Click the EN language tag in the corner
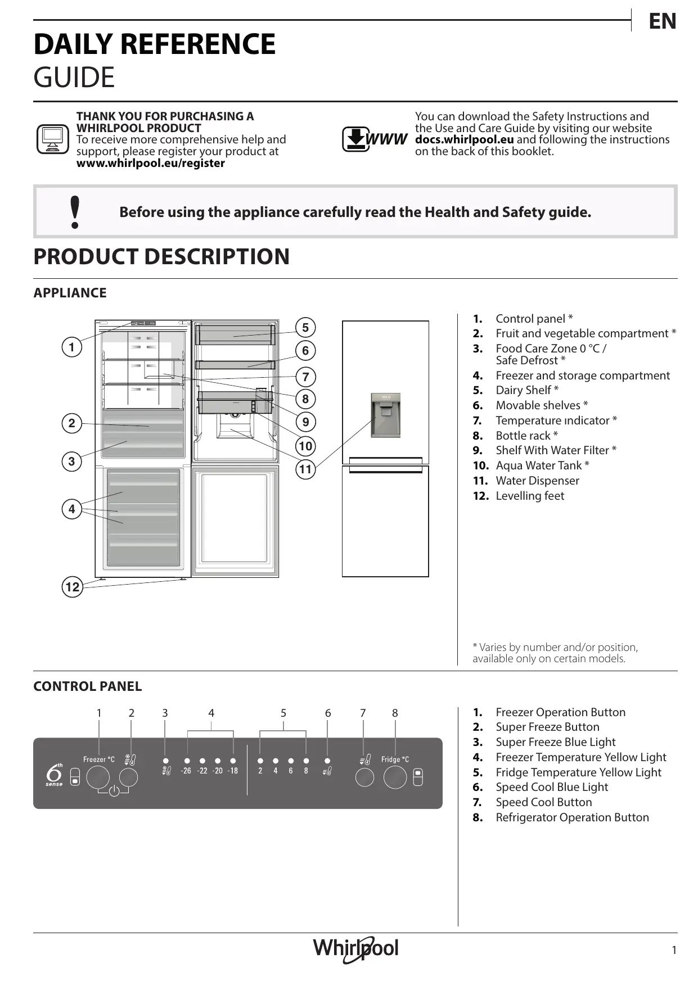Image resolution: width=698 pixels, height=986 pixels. (662, 21)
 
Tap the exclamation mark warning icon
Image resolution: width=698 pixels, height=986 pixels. (75, 212)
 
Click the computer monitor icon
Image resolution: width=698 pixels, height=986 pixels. (52, 139)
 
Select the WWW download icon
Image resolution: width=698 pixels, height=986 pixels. (374, 139)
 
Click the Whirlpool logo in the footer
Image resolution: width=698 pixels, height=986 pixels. (355, 949)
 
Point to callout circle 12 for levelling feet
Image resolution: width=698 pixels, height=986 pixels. (72, 587)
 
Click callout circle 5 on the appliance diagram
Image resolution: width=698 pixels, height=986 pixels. (305, 328)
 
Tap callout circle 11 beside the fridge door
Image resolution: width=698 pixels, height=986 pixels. (305, 469)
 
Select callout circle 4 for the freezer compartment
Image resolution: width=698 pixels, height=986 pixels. (71, 509)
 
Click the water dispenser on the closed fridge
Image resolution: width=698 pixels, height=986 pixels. (385, 415)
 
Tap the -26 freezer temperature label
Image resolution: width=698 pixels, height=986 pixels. (186, 771)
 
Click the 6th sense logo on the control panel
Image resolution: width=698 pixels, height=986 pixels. (54, 774)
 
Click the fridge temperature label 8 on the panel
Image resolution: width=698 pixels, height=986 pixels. (306, 771)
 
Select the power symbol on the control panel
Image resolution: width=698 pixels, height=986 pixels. (114, 791)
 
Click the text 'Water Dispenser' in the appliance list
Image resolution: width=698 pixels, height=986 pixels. (537, 481)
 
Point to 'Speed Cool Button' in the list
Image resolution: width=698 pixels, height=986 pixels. (543, 802)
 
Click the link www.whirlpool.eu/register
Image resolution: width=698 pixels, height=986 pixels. (150, 163)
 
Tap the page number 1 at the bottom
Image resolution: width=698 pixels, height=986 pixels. (674, 950)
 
